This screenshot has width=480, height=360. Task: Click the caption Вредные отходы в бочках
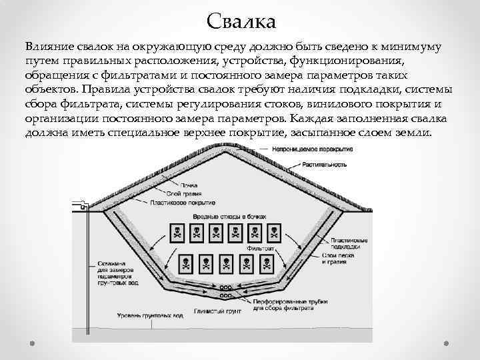point(229,217)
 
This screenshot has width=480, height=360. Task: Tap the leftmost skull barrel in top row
point(178,232)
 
